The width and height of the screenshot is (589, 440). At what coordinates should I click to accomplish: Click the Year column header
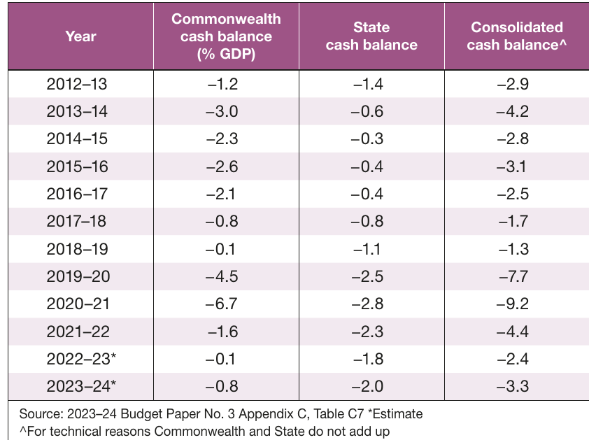[80, 36]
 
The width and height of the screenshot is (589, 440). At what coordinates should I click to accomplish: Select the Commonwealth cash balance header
[226, 36]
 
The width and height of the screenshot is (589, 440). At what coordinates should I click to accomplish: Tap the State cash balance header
[371, 36]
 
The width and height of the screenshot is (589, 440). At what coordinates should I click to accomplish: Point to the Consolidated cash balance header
[516, 36]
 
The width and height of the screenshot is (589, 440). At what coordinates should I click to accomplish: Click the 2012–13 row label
[77, 84]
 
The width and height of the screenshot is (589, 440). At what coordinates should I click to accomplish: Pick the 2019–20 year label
[78, 276]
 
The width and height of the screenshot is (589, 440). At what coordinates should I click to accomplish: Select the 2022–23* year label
[81, 359]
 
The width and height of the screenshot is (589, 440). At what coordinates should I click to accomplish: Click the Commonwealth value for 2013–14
[222, 112]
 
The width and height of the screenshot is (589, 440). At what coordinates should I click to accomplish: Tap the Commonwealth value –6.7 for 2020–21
[222, 304]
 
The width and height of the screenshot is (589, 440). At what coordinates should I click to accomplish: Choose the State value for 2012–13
[368, 84]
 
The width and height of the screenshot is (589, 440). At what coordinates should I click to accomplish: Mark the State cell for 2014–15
[367, 139]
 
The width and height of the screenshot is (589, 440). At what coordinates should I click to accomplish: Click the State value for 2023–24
[367, 386]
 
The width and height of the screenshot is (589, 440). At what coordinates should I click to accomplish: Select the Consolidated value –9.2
[512, 304]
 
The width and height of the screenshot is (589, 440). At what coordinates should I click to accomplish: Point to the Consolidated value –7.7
[513, 276]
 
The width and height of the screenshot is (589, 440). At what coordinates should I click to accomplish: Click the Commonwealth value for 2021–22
[222, 332]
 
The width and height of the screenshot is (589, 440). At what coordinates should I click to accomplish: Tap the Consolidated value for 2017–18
[513, 221]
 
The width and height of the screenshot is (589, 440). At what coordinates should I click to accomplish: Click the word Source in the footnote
[41, 413]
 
